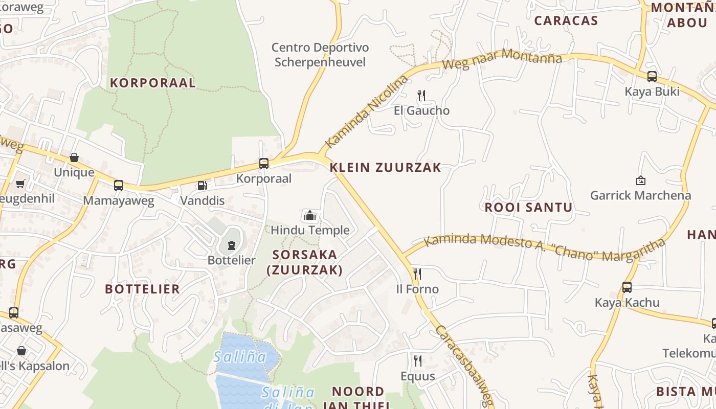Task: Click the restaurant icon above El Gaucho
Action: click(421, 96)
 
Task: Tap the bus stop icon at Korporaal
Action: click(264, 164)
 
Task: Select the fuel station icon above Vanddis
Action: click(203, 186)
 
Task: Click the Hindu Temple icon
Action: click(309, 215)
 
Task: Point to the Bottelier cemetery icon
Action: click(232, 245)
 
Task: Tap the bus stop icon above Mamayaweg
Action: click(119, 186)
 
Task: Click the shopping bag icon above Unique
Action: click(74, 157)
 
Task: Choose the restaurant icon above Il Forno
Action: click(417, 274)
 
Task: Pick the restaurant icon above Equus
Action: click(418, 361)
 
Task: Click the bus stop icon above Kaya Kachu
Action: click(627, 287)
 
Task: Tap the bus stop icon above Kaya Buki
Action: click(652, 77)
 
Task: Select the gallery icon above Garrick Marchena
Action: click(640, 180)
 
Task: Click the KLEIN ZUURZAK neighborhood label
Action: click(385, 168)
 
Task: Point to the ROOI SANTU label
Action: click(528, 208)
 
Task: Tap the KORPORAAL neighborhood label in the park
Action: click(152, 83)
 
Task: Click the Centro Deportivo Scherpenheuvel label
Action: click(320, 55)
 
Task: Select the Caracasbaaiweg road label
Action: click(463, 366)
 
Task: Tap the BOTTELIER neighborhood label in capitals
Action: click(142, 289)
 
